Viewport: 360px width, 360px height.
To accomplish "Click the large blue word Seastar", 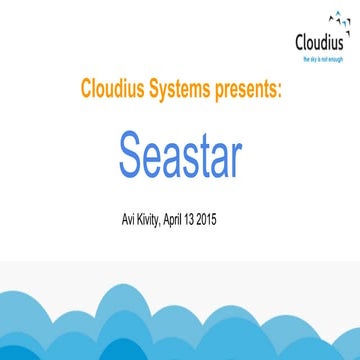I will (x=180, y=151).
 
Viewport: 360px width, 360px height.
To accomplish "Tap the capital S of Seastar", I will (x=131, y=151).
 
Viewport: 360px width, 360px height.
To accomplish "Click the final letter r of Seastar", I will (x=236, y=155).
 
